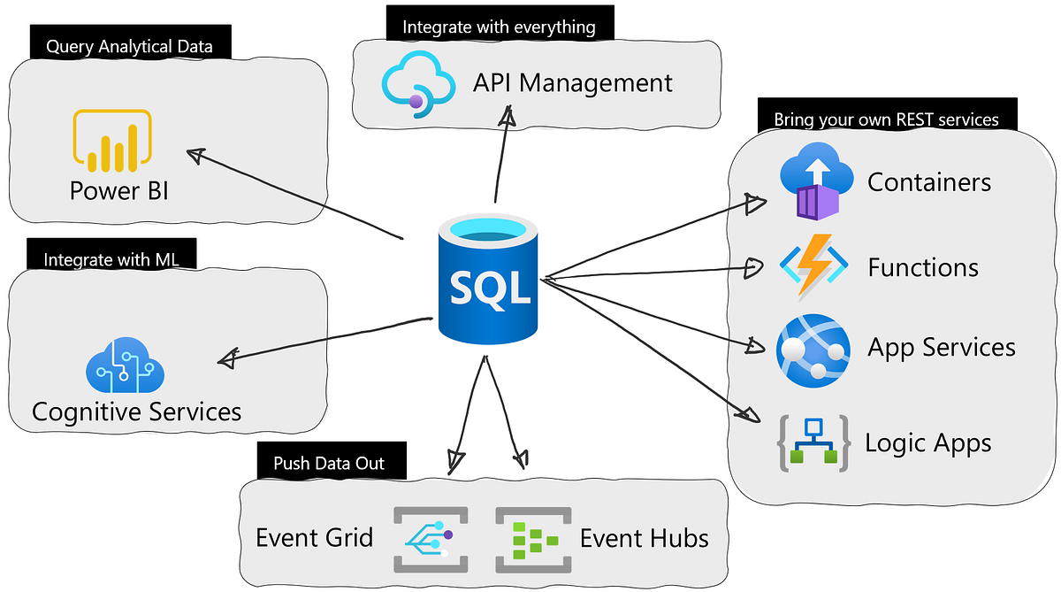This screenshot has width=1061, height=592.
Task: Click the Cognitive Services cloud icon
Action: pos(125,365)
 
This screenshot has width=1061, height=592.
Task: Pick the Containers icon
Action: pos(815,182)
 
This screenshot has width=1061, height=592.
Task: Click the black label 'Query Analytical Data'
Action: pos(129,46)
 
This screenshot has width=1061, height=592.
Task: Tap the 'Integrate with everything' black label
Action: pos(499,27)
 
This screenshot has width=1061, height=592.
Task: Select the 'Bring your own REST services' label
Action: pos(886,119)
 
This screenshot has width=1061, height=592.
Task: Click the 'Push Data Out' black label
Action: pos(328,463)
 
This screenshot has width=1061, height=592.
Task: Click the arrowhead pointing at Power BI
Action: pos(197,156)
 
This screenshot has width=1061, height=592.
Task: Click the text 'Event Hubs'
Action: pos(644,537)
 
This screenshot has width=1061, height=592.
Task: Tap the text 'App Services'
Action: pos(941,347)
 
